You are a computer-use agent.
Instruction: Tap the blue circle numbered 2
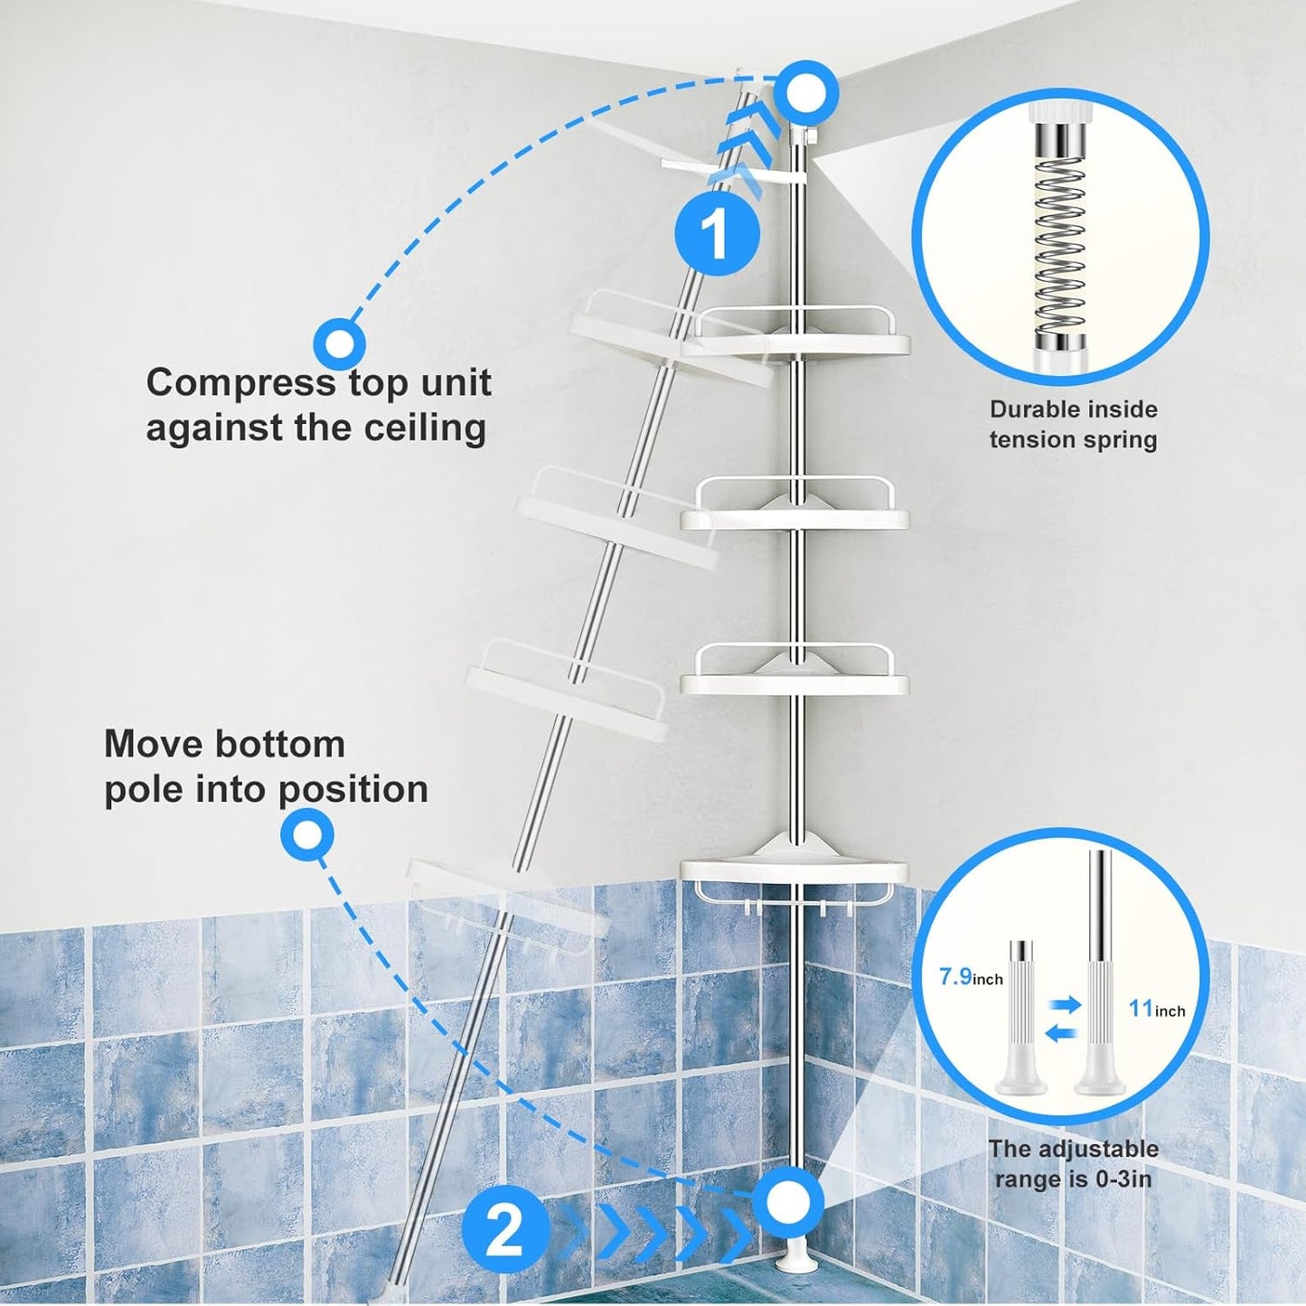(x=505, y=1231)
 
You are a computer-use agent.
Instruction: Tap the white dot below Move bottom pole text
(x=307, y=834)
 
